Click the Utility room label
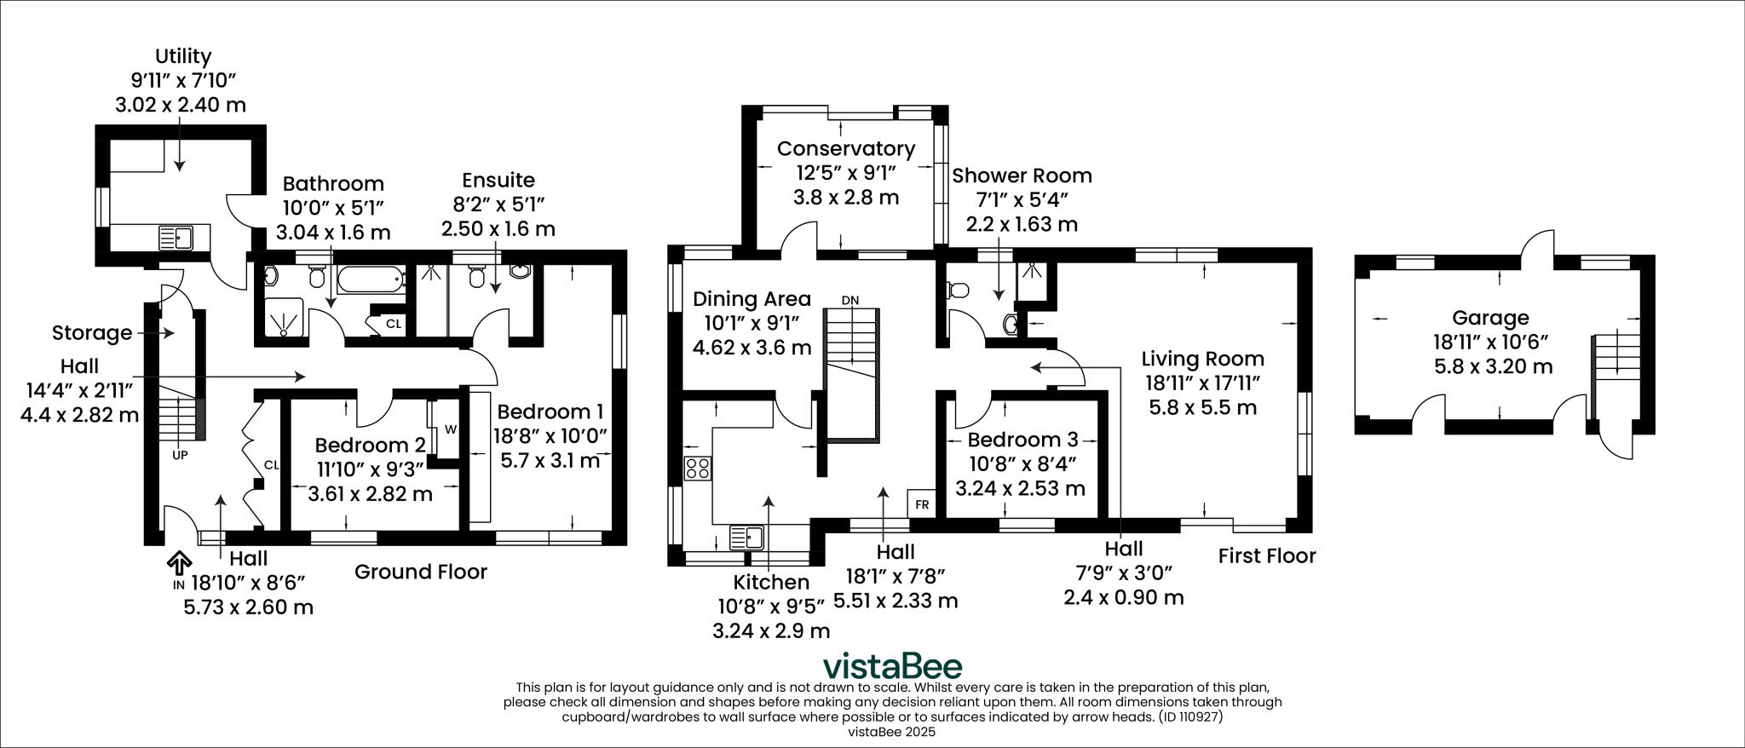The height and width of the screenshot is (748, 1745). (182, 56)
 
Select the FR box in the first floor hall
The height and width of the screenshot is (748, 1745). (921, 503)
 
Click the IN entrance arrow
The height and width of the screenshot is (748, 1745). (179, 563)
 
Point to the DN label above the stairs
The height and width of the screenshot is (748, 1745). (849, 300)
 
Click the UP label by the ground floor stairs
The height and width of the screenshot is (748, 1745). (180, 455)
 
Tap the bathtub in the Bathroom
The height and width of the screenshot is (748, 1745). (371, 277)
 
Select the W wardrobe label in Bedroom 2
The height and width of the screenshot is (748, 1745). (451, 429)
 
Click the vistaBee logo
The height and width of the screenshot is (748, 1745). (892, 665)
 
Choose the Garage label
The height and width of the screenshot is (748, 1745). (1490, 318)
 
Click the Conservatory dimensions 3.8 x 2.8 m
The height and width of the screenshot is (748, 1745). (845, 197)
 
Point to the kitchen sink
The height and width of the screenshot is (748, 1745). (749, 538)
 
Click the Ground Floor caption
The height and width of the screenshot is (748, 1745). (420, 571)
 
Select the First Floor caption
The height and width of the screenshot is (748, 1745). (1266, 555)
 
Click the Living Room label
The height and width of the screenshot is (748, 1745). (1202, 359)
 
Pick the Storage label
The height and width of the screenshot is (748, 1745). (92, 332)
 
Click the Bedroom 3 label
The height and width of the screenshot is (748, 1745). (1022, 440)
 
